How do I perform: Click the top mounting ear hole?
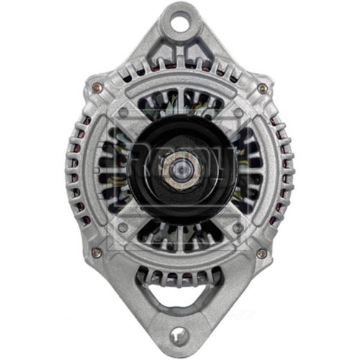point(180,23)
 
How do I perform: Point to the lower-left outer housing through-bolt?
point(99,253)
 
